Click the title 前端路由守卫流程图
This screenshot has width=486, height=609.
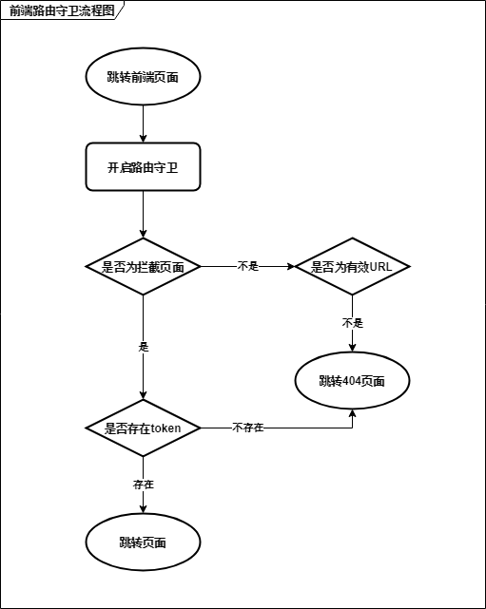62,10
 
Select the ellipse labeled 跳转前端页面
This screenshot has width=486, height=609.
143,77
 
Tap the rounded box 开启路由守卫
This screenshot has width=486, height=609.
143,167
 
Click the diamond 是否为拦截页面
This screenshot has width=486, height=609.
143,266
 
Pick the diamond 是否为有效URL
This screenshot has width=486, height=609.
352,266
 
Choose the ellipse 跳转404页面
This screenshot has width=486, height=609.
352,381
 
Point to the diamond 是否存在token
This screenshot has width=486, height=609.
143,428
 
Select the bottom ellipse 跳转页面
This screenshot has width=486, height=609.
143,542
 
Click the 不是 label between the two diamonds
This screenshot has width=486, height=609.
248,266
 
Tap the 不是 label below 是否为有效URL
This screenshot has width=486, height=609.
353,323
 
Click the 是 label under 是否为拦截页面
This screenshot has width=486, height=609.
144,347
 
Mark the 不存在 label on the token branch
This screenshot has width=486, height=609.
248,428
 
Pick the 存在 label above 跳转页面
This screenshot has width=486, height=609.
144,485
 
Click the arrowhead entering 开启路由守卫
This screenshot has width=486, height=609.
143,139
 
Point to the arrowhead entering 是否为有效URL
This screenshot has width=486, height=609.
291,266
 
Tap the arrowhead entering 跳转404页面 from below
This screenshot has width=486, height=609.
352,413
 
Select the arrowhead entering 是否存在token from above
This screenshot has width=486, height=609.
143,395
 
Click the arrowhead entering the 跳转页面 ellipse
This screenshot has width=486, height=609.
143,509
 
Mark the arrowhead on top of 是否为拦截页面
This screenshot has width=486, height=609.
143,234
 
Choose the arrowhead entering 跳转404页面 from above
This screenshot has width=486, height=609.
352,348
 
